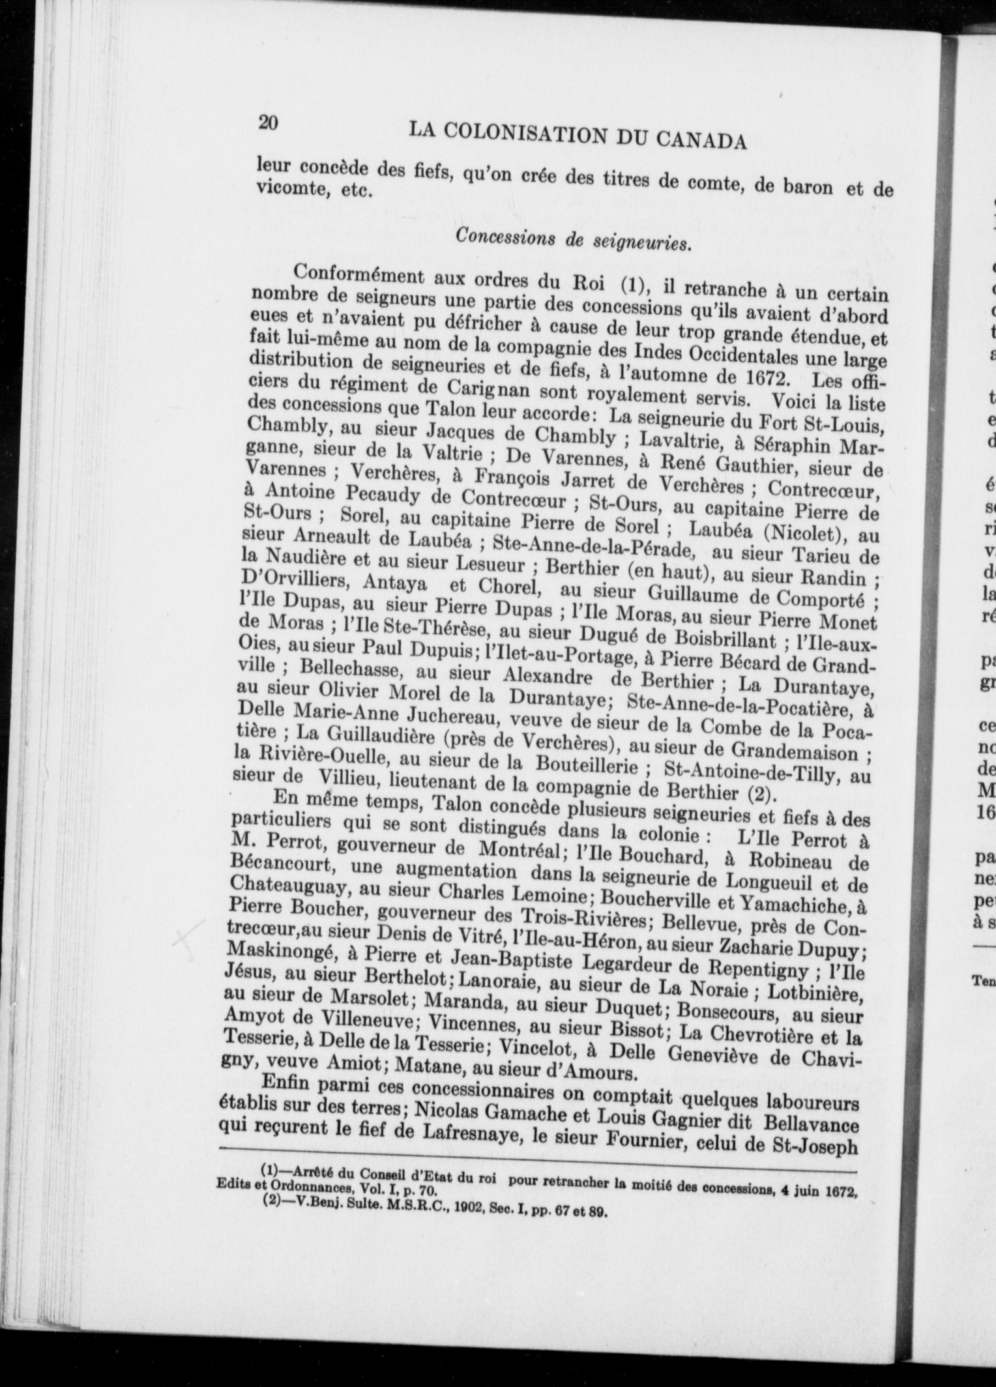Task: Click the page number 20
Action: pos(268,122)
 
